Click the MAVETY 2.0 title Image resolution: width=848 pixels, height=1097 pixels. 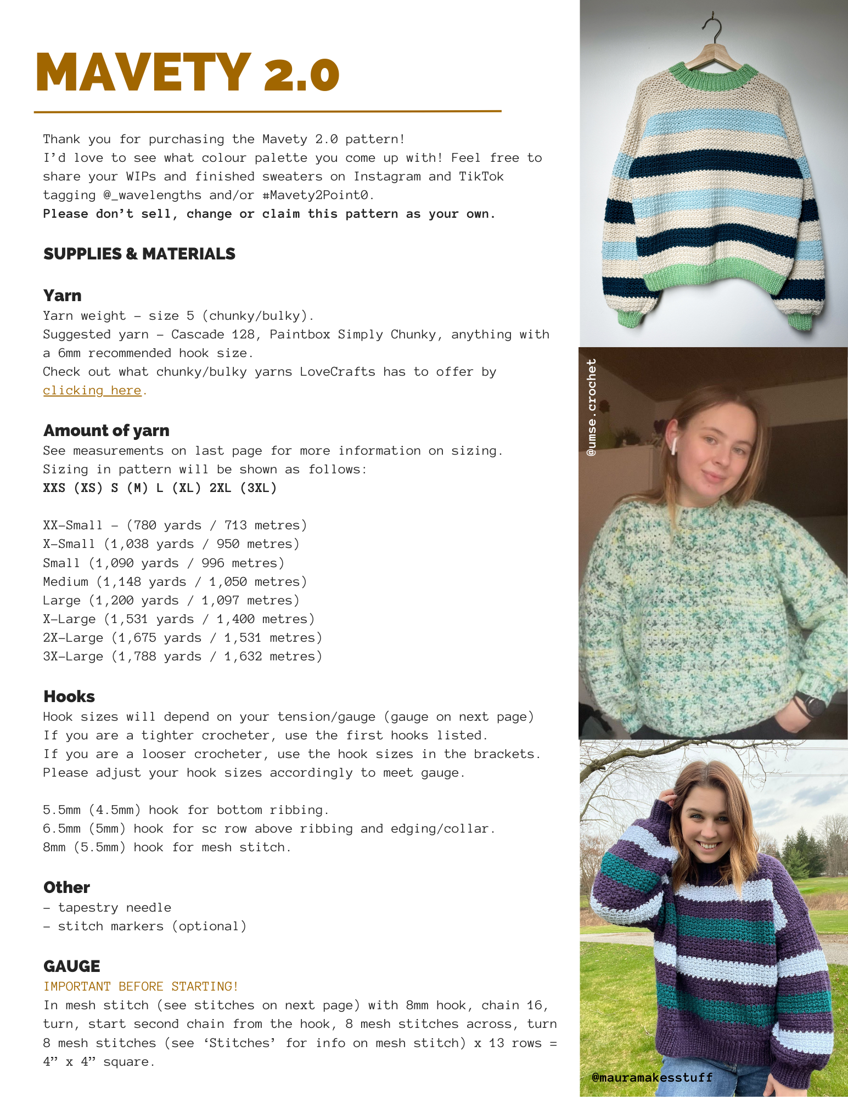187,72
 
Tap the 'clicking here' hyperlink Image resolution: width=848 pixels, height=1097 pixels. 92,391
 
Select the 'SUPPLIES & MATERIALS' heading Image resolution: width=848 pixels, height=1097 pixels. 139,254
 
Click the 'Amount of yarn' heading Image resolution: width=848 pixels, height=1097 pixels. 106,431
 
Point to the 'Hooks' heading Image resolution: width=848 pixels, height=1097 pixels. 69,697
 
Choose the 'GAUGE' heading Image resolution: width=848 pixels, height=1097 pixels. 72,966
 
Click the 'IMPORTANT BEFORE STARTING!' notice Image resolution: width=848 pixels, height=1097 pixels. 141,986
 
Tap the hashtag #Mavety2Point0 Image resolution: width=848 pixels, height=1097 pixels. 318,195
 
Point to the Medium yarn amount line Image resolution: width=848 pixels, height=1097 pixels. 175,582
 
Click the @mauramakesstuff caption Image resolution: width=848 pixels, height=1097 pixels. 652,1077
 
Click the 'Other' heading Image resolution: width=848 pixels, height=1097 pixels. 66,887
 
